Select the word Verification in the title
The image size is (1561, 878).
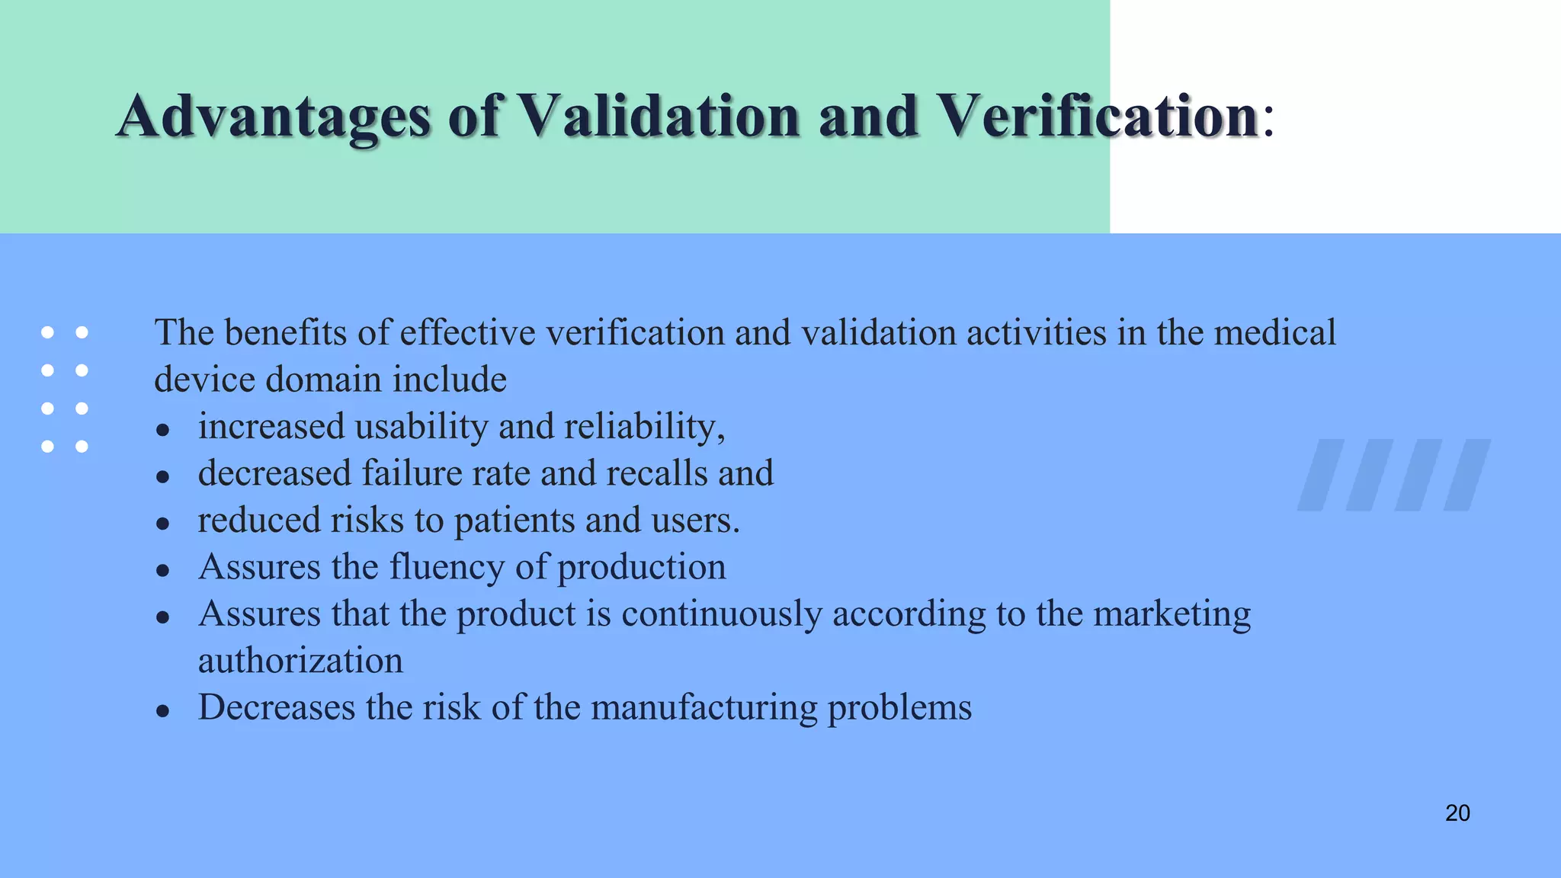[x=1096, y=117]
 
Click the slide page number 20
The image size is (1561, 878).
[x=1457, y=813]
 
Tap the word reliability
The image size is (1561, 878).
[x=644, y=427]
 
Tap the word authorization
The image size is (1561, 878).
[x=300, y=661]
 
